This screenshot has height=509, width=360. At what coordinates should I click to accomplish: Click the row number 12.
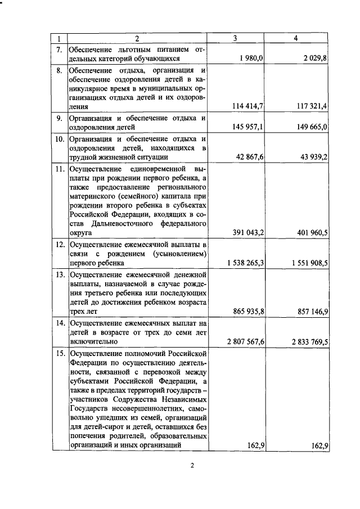click(59, 245)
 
